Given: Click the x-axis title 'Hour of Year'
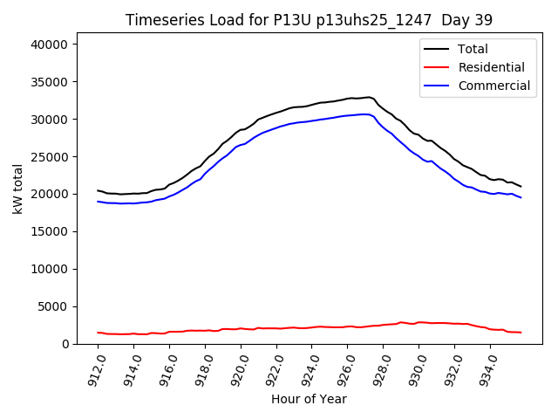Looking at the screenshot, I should [309, 399].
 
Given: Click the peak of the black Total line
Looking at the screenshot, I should [369, 97].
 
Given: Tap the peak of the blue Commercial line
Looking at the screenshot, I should [364, 114].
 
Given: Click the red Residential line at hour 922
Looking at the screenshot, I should [276, 328].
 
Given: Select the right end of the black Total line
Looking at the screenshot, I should [521, 187].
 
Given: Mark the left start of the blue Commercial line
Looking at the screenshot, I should [98, 202].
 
